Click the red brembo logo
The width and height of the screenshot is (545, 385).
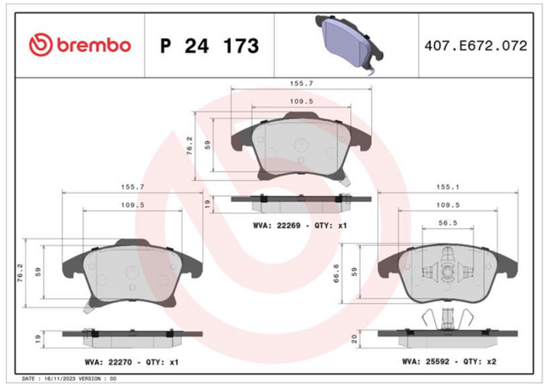80,45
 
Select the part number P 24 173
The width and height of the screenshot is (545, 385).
209,46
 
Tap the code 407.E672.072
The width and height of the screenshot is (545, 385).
476,45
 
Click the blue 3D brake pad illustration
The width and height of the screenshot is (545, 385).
349,44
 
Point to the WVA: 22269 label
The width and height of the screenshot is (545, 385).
277,226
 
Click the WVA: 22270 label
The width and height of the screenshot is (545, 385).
108,362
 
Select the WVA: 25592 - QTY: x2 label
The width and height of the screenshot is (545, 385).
449,361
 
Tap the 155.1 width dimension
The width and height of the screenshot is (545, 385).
448,187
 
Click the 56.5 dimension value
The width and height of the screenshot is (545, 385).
448,222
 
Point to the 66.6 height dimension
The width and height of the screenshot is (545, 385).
336,273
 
